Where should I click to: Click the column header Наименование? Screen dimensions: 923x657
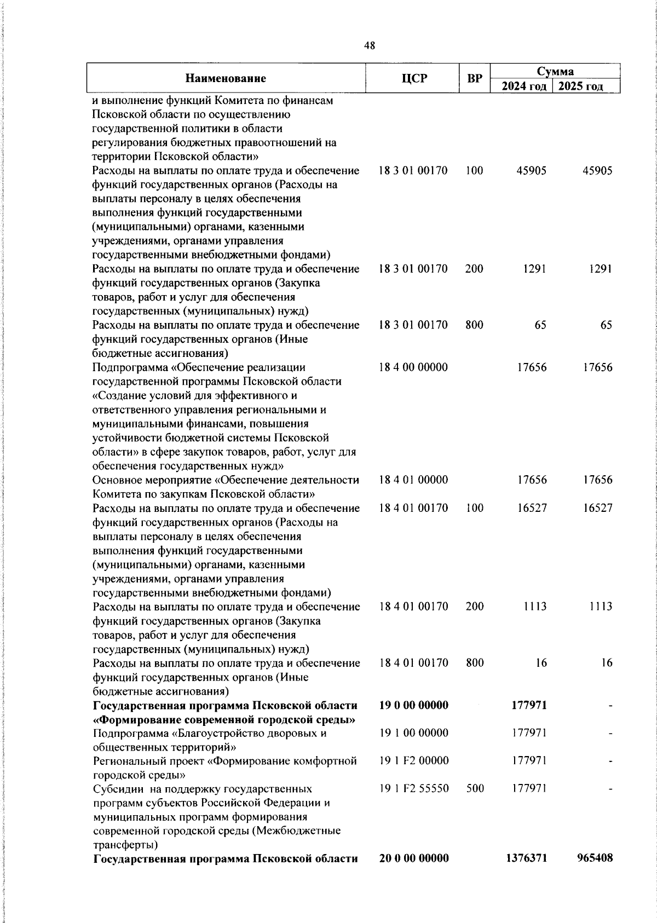(x=226, y=78)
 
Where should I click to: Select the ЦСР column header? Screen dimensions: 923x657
(x=413, y=78)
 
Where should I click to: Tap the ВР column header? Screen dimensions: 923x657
(x=474, y=78)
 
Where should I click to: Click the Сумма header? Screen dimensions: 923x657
(x=555, y=71)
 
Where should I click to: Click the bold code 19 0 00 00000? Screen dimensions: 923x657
(x=413, y=705)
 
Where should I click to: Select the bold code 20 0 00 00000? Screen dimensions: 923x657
(x=413, y=858)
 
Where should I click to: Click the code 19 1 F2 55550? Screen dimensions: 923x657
(x=413, y=788)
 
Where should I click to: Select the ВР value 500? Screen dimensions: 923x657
(x=475, y=788)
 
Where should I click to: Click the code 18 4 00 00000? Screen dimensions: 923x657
(x=413, y=367)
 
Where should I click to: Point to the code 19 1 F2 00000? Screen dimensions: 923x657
(x=413, y=760)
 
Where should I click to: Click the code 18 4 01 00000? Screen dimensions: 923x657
(x=413, y=480)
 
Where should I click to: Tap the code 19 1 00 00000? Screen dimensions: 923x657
(x=413, y=733)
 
